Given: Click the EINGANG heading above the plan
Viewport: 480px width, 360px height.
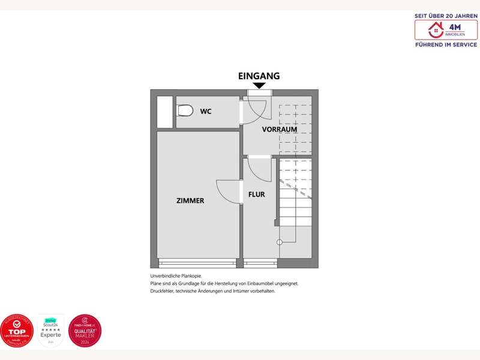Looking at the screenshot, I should click(259, 76).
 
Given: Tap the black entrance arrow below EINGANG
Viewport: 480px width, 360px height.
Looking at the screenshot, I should click(259, 86).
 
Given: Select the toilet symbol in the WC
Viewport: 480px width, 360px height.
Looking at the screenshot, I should click(185, 111).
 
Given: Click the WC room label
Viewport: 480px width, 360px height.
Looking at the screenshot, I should click(206, 112).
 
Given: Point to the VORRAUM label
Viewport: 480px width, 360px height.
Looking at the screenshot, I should click(280, 130).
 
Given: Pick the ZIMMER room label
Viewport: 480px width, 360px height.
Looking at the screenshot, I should click(190, 200).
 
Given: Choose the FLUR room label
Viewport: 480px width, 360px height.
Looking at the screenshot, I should click(256, 194).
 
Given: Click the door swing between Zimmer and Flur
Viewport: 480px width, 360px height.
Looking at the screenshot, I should click(229, 192).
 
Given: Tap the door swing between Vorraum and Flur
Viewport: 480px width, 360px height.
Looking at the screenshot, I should click(260, 169).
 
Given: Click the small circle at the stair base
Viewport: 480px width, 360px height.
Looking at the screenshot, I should click(279, 242).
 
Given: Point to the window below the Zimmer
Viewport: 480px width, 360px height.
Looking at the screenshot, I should click(197, 263).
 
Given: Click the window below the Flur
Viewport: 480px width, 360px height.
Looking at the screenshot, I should click(260, 263).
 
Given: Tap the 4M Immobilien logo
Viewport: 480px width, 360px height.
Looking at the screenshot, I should click(446, 29).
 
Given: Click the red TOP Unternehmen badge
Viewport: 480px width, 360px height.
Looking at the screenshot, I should click(17, 331).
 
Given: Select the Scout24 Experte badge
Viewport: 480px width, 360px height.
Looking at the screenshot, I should click(51, 330).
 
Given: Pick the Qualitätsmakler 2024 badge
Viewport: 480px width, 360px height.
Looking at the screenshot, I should click(85, 331).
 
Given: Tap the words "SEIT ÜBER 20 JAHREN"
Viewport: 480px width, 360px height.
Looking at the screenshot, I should click(446, 15).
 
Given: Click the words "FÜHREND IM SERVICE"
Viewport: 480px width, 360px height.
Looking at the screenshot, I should click(446, 45).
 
